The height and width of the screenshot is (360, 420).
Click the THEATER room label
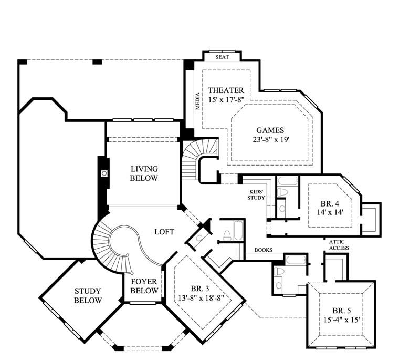(x=225, y=90)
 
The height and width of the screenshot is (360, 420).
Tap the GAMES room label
(x=270, y=130)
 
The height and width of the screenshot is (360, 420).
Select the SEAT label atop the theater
(x=222, y=57)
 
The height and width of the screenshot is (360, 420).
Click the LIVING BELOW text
(x=144, y=173)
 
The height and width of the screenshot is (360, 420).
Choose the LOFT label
(x=164, y=231)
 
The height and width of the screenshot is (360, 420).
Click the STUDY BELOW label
(x=88, y=295)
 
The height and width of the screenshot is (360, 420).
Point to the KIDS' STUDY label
(x=256, y=195)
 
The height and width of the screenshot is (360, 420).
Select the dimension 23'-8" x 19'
(x=270, y=140)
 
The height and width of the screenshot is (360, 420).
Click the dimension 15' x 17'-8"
(x=225, y=100)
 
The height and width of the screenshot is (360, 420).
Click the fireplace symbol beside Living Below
(x=103, y=173)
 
